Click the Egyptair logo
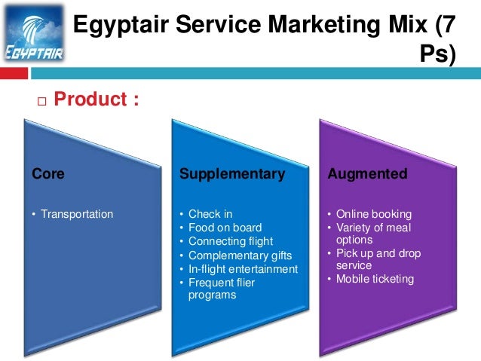point(34,36)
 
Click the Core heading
point(48,174)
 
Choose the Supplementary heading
point(232,174)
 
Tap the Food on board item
point(225,228)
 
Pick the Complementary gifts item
point(240,255)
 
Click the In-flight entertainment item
point(243,269)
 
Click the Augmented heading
point(367,174)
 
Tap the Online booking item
point(374,214)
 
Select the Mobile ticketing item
point(375,279)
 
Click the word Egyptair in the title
point(121,26)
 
